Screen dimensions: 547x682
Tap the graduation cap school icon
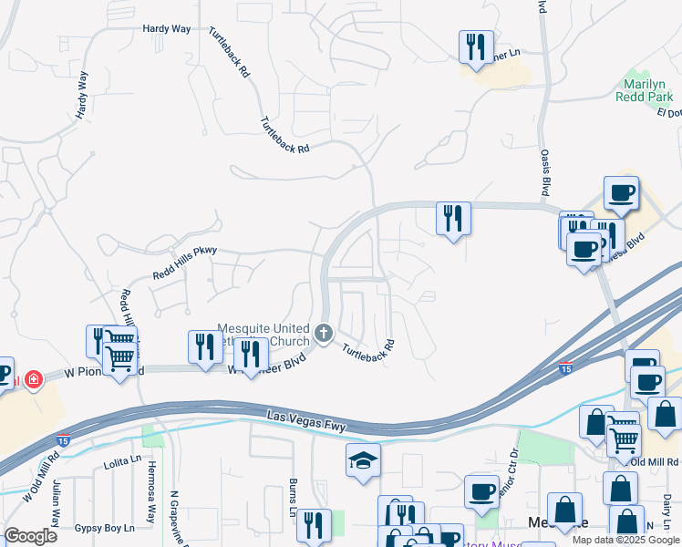pos(363,461)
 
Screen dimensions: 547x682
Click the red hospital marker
pos(34,378)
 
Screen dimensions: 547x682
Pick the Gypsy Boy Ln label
pos(104,528)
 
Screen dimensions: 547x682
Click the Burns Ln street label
pos(293,489)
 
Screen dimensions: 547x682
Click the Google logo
pos(30,536)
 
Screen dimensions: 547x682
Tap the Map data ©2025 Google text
pos(625,540)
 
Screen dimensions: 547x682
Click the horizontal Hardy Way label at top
pos(166,29)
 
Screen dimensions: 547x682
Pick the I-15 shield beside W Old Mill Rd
pos(63,441)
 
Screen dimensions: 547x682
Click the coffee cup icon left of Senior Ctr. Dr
pos(481,492)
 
